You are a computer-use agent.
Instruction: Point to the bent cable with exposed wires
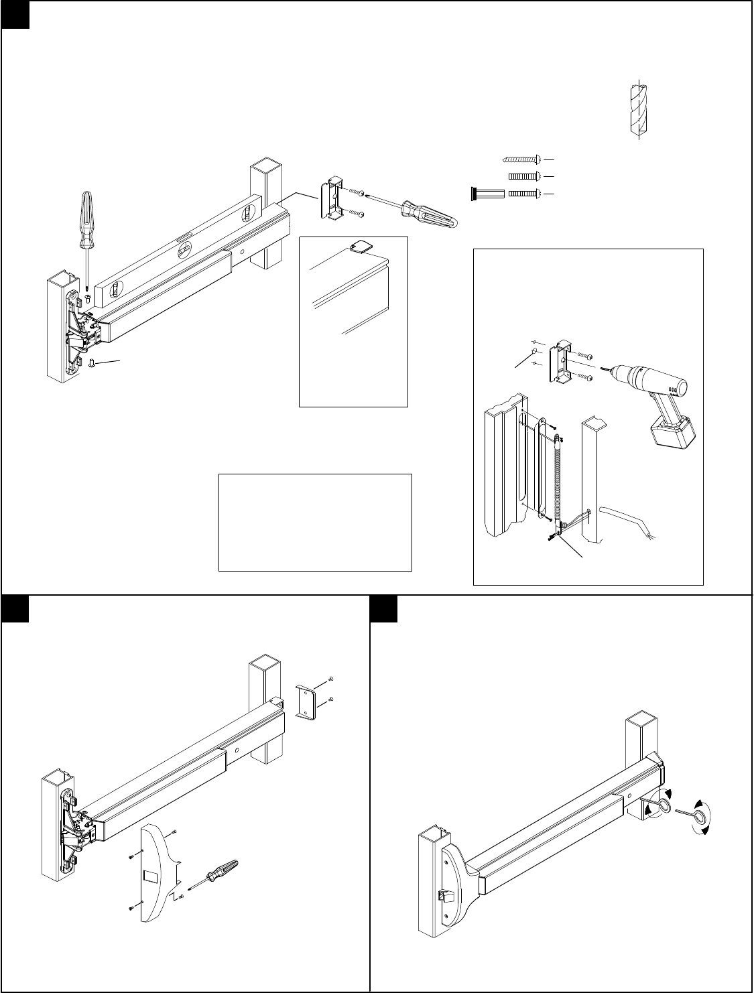coord(630,522)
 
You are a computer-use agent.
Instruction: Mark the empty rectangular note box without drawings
coord(315,522)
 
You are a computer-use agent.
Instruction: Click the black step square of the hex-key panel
coord(384,608)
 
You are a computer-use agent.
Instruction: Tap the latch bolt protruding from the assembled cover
coord(444,895)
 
